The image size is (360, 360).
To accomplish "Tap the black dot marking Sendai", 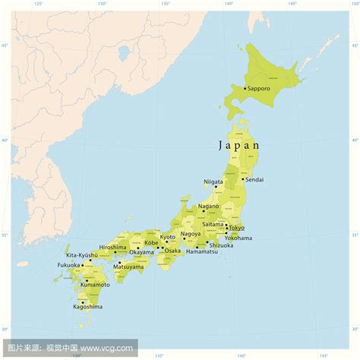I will pyautogui.click(x=243, y=179).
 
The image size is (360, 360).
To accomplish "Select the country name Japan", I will pyautogui.click(x=239, y=144).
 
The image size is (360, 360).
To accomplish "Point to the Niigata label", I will pyautogui.click(x=213, y=182).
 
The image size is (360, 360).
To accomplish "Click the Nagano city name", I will pyautogui.click(x=208, y=206).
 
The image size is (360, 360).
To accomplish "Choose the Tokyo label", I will pyautogui.click(x=236, y=228).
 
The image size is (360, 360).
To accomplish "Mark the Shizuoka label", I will pyautogui.click(x=221, y=245).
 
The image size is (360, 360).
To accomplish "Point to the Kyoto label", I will pyautogui.click(x=167, y=237).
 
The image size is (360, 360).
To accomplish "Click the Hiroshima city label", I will pyautogui.click(x=112, y=247).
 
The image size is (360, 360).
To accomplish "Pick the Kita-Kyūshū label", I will pyautogui.click(x=83, y=255).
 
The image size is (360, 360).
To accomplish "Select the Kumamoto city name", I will pyautogui.click(x=86, y=286).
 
